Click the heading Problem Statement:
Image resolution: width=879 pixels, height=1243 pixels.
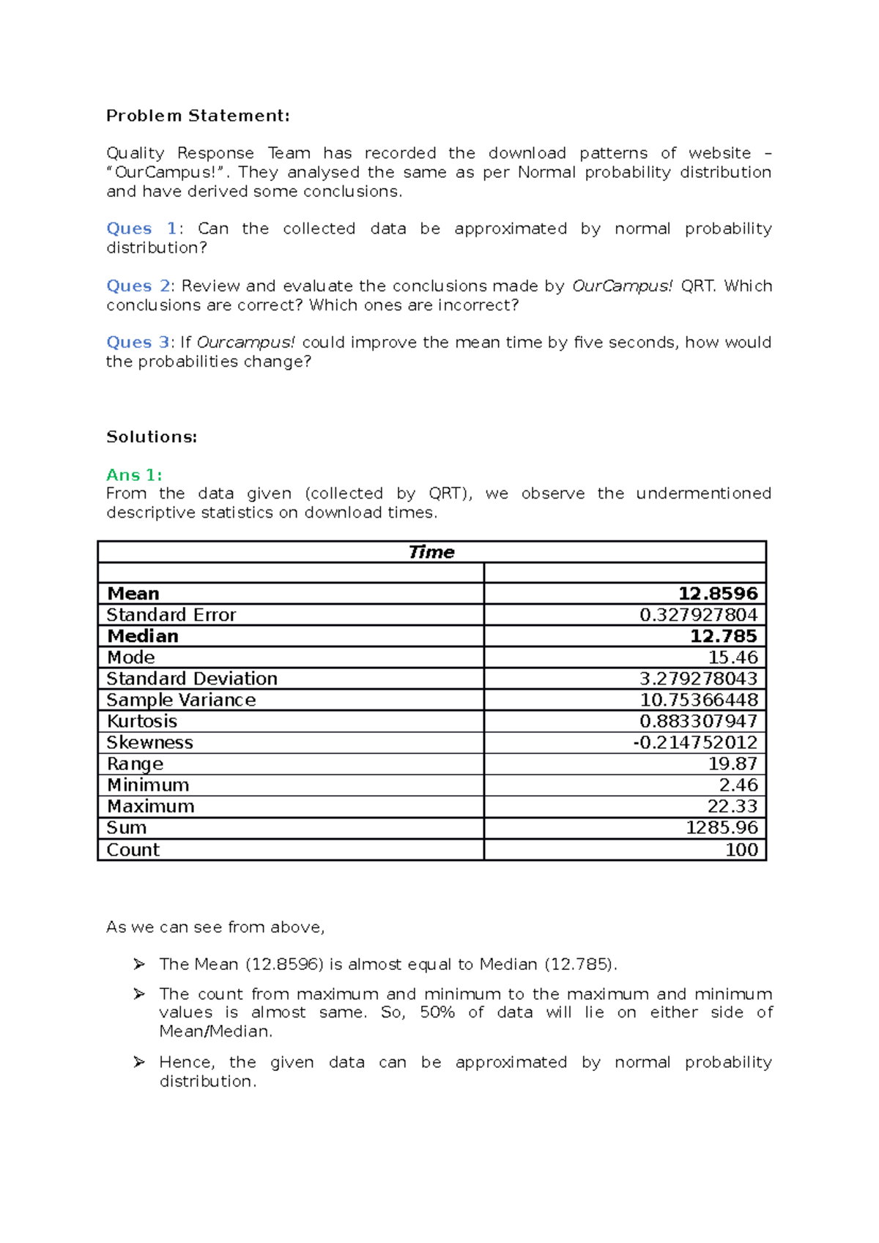click(x=198, y=116)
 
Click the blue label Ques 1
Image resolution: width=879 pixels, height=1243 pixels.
click(x=141, y=228)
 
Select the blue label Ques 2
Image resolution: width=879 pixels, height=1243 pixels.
click(x=138, y=285)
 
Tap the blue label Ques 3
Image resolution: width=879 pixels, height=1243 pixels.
click(x=138, y=342)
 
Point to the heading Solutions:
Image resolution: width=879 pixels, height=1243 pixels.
click(x=152, y=437)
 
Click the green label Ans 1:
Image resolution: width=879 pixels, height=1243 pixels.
click(x=134, y=474)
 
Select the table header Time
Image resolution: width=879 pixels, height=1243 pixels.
click(x=431, y=552)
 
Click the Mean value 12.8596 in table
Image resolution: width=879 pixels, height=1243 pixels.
click(x=717, y=594)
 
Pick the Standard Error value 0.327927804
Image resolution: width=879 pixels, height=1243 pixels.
click(x=698, y=615)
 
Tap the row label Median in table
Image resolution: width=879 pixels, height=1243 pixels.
click(x=143, y=636)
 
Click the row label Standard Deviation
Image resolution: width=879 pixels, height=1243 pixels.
click(x=192, y=679)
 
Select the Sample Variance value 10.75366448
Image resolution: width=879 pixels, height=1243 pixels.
click(x=698, y=700)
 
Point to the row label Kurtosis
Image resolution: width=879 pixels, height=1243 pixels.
click(x=142, y=721)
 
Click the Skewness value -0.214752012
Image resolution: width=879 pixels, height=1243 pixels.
click(x=694, y=742)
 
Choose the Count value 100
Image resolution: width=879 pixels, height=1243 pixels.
click(x=741, y=849)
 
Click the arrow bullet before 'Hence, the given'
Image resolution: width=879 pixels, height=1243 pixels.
click(x=139, y=1061)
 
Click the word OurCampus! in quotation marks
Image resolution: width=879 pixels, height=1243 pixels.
click(x=166, y=172)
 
